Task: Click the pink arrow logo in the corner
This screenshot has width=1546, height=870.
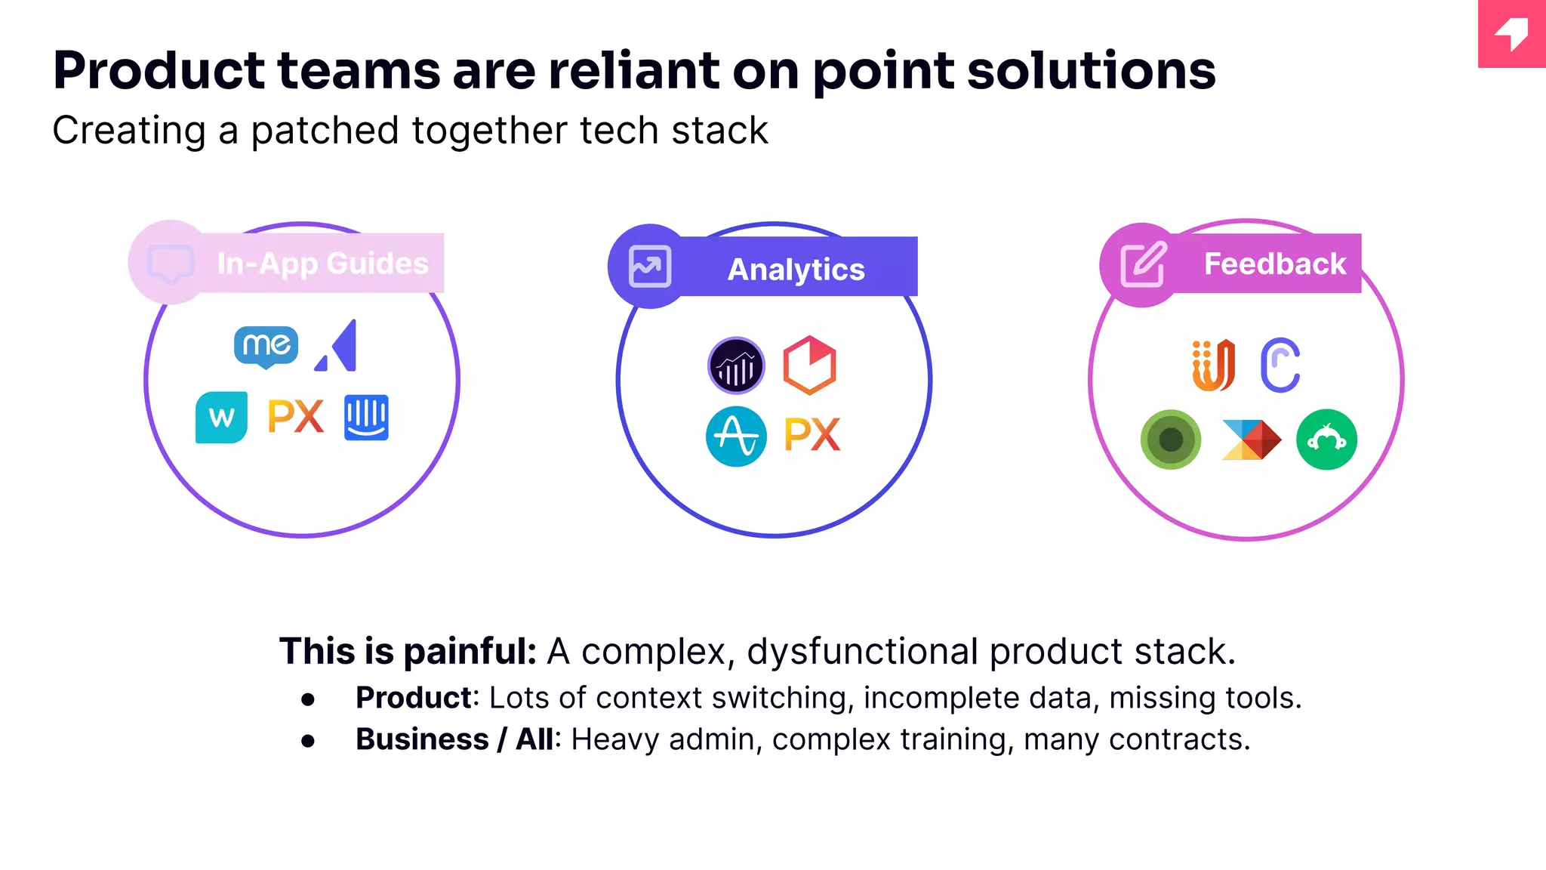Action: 1511,34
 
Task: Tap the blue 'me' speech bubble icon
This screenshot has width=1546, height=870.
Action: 266,347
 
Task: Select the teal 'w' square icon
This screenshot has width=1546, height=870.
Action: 221,417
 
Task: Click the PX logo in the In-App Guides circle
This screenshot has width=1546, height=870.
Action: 296,417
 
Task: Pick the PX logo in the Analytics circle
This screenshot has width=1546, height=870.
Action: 812,435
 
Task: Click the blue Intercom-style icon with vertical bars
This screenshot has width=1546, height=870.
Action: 366,417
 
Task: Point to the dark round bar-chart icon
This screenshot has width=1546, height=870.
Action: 736,366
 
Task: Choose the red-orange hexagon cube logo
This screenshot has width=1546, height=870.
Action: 809,366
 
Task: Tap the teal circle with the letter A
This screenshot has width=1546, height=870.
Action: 736,437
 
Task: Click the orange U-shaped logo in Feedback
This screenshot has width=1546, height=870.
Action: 1213,366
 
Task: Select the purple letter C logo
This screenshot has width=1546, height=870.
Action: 1280,366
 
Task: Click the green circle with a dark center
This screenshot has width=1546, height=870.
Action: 1171,440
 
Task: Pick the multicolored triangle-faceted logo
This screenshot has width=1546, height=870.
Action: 1251,440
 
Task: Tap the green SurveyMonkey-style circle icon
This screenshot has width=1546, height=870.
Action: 1326,440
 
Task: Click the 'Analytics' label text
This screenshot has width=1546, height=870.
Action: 796,270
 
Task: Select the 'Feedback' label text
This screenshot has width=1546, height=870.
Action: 1275,264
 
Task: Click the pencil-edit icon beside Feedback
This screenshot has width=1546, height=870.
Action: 1143,265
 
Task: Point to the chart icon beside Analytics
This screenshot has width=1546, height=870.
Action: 650,267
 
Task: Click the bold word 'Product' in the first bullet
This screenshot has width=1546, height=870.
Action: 414,698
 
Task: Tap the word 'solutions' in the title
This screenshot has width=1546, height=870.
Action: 1091,71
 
